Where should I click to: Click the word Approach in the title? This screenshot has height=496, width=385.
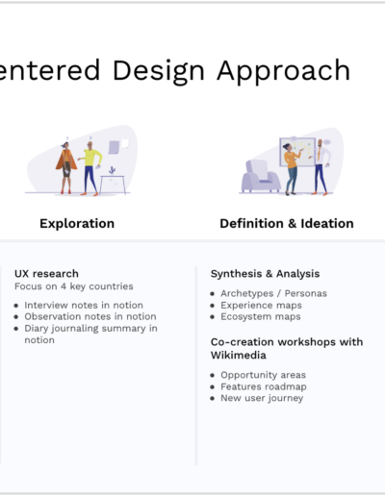click(284, 71)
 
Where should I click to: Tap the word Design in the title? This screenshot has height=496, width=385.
click(159, 71)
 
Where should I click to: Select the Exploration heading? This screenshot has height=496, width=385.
click(77, 224)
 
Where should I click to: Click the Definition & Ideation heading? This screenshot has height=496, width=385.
click(287, 223)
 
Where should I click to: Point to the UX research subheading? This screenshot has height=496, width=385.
click(46, 274)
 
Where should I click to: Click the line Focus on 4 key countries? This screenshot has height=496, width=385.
click(74, 286)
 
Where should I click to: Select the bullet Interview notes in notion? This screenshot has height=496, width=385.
click(84, 305)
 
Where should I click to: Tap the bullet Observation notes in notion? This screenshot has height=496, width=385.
click(90, 316)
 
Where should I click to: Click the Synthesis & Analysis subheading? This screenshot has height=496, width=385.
click(265, 274)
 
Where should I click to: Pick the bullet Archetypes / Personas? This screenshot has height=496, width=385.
click(273, 293)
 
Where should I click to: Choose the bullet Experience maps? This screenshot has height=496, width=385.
click(261, 306)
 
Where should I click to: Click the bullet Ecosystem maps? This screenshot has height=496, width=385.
click(261, 317)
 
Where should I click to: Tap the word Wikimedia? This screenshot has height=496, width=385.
click(239, 355)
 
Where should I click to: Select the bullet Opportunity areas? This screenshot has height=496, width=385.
click(263, 375)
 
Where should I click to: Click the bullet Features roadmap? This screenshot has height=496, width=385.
click(264, 386)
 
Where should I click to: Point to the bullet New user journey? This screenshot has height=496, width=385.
click(262, 398)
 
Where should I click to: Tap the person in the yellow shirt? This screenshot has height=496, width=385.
click(90, 167)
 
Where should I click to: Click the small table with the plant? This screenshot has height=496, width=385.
click(113, 184)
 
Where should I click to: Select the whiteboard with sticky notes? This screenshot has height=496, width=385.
click(297, 152)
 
